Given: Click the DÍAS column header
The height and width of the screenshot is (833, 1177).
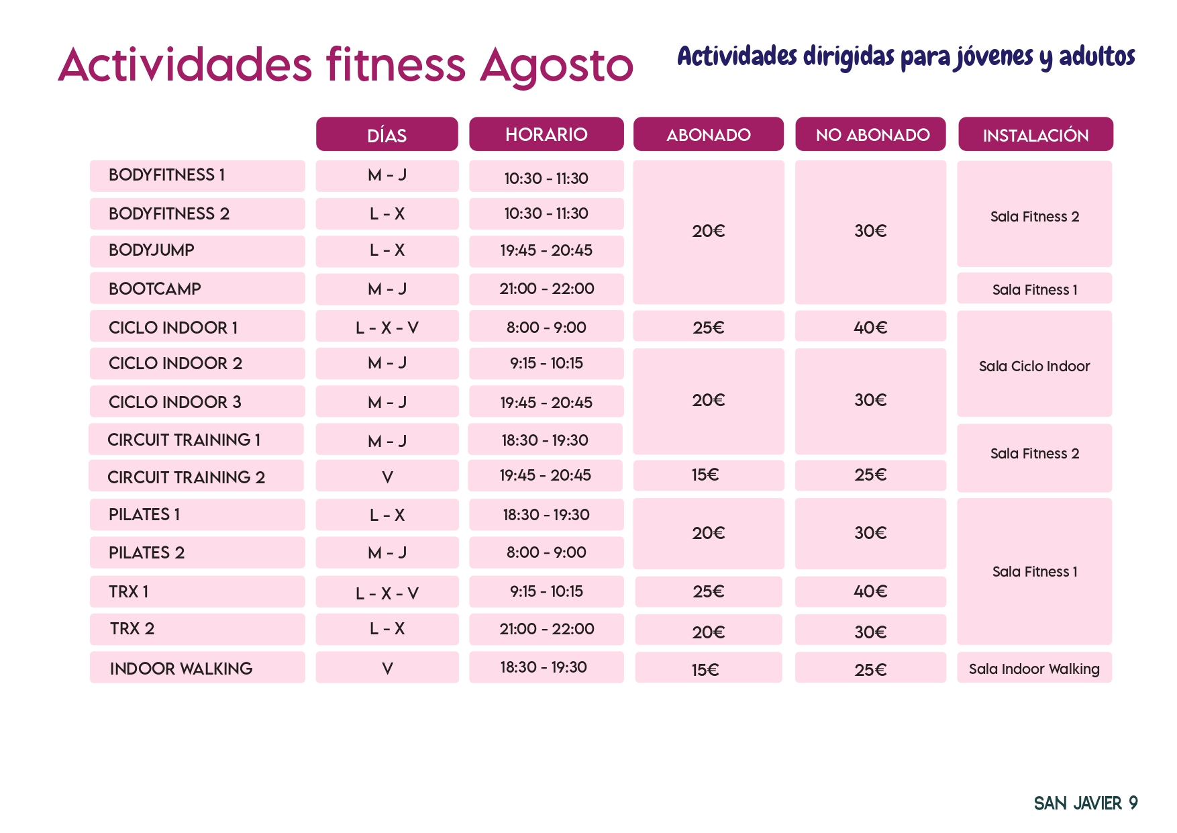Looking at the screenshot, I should click(387, 135).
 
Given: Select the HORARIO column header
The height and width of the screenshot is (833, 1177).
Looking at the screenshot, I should click(546, 134).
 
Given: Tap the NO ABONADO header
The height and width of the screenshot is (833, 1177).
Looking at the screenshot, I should click(872, 135).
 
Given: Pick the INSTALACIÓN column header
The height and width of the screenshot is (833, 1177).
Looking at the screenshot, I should click(1035, 135).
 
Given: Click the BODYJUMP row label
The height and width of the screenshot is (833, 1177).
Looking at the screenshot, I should click(152, 250).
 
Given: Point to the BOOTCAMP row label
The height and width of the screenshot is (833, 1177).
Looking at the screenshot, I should click(155, 289).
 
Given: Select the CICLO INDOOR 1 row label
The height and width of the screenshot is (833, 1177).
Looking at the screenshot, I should click(173, 328).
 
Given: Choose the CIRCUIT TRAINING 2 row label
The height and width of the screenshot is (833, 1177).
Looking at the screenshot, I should click(186, 477).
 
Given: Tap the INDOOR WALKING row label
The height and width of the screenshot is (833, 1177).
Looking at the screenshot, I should click(181, 669).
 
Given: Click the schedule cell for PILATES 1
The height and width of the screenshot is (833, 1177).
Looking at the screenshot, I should click(546, 515).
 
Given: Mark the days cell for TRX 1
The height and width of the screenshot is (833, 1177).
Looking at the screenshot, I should click(387, 593).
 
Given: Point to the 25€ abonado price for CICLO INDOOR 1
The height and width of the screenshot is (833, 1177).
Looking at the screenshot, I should click(709, 328).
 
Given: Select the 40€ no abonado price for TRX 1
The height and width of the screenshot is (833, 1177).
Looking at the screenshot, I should click(870, 591).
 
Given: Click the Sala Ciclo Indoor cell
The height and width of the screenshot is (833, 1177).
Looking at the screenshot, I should click(1034, 366).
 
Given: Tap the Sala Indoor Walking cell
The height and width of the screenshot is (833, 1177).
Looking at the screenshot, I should click(1034, 669).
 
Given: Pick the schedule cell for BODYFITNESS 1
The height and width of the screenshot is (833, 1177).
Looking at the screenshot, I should click(546, 179).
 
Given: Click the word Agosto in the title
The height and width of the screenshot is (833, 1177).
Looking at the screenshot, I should click(556, 66).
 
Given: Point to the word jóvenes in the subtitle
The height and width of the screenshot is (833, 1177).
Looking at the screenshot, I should click(994, 57).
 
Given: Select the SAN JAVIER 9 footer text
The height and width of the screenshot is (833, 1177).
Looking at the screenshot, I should click(1085, 803).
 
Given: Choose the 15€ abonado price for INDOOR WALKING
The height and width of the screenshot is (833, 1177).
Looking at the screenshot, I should click(706, 670).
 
